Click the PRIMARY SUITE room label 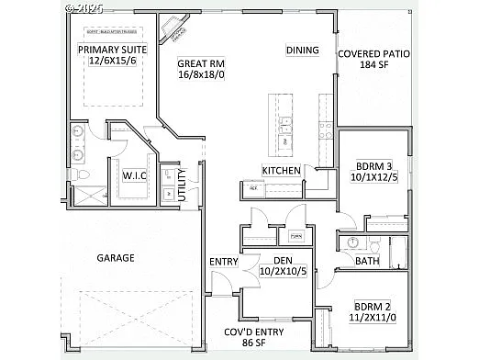112,49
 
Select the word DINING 303,50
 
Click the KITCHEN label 282,171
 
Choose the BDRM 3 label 373,166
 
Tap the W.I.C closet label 136,174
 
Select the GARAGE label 116,258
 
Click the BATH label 367,261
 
